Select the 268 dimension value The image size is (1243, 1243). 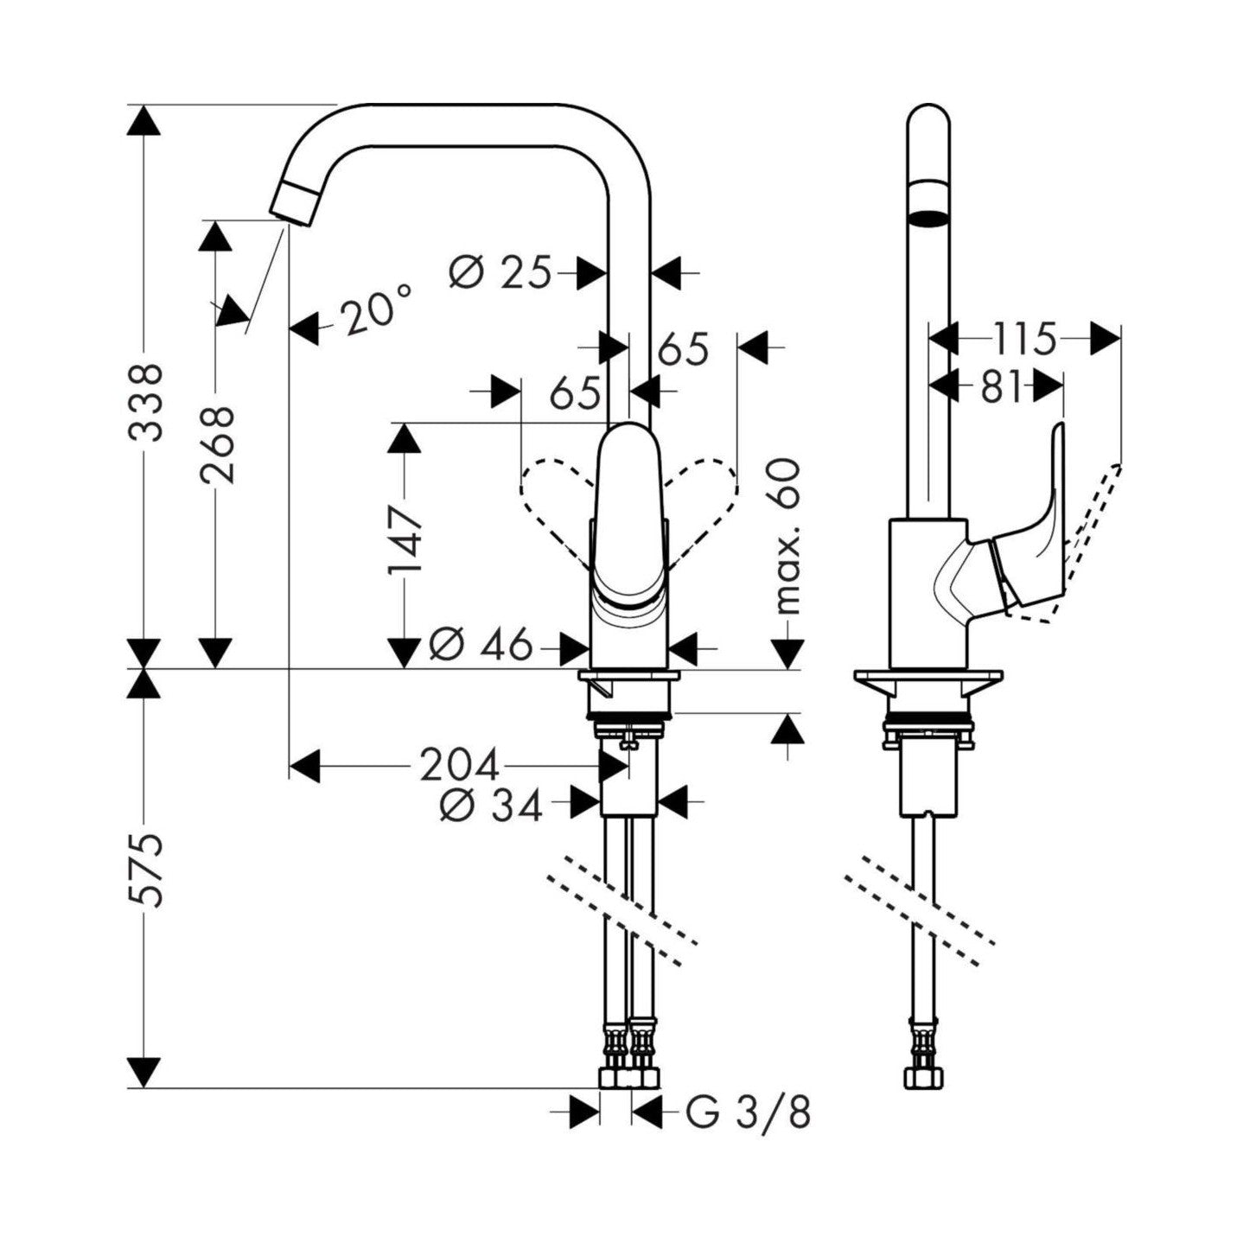(214, 443)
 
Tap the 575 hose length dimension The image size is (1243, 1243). (143, 869)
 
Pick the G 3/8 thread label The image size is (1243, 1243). (749, 1112)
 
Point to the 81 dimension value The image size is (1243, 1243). (1002, 387)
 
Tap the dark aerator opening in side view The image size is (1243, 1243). (928, 216)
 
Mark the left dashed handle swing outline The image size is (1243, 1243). (553, 501)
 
